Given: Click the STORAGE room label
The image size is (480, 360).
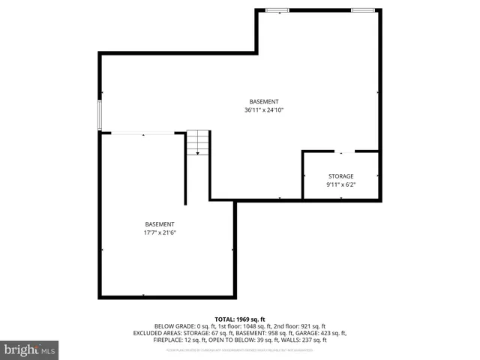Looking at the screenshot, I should pyautogui.click(x=340, y=176).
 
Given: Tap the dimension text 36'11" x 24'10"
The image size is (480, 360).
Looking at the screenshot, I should pyautogui.click(x=263, y=109).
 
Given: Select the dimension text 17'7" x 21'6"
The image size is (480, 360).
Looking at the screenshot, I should pyautogui.click(x=160, y=232).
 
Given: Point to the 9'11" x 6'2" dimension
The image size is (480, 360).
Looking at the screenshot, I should pyautogui.click(x=340, y=184).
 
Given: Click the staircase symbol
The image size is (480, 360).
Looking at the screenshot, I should pyautogui.click(x=198, y=142).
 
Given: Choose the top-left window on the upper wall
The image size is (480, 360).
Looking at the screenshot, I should pyautogui.click(x=277, y=10).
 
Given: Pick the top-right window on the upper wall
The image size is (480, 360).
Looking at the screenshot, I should pyautogui.click(x=364, y=10).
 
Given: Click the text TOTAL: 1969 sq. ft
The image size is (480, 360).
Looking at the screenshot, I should pyautogui.click(x=240, y=319).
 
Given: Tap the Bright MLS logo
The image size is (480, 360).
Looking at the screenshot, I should pyautogui.click(x=29, y=349).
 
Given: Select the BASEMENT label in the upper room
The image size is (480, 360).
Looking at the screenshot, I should pyautogui.click(x=263, y=101).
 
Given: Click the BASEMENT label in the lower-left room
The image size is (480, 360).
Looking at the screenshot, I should pyautogui.click(x=160, y=224).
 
